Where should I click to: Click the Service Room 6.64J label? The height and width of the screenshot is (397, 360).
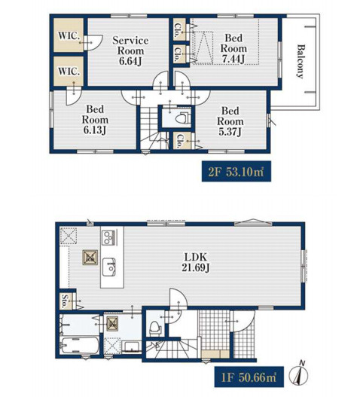(x=130, y=50)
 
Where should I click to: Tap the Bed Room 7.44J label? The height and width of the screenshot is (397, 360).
(x=233, y=49)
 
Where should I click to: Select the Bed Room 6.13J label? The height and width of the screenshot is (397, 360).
(x=95, y=120)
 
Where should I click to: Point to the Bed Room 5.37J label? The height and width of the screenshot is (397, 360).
(x=230, y=121)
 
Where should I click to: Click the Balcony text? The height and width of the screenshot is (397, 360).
(x=301, y=62)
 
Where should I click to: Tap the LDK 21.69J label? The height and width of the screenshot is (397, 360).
(x=196, y=262)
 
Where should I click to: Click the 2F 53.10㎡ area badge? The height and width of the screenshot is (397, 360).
(x=236, y=172)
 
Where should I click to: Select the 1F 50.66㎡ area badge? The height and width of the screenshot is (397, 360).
(x=249, y=377)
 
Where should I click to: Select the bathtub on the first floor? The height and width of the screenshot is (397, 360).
(x=80, y=346)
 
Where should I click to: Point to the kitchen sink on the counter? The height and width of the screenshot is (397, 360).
(x=109, y=267)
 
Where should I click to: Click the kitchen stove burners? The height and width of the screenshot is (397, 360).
(x=109, y=237)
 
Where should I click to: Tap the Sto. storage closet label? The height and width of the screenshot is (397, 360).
(x=66, y=301)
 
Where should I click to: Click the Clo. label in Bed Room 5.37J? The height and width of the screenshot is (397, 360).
(x=179, y=141)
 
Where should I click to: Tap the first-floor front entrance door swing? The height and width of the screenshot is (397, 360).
(x=243, y=322)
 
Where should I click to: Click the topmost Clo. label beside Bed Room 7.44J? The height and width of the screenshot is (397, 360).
(x=178, y=31)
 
